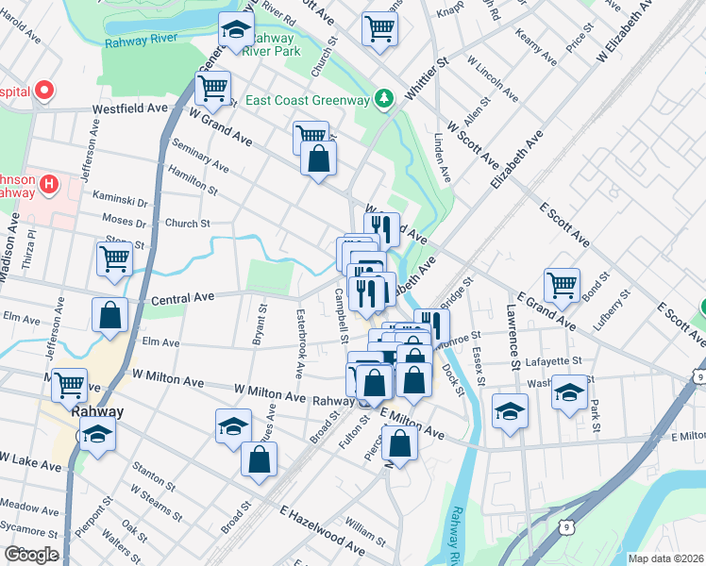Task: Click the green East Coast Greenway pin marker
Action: point(384,98)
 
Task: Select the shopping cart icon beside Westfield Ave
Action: point(212,89)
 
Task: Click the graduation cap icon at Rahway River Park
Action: point(236,30)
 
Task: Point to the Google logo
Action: point(31,555)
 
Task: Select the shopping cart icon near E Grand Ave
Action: point(562,285)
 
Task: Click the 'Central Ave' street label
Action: point(182,297)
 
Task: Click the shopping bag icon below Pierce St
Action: point(400,443)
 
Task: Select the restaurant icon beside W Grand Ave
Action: point(381,228)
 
